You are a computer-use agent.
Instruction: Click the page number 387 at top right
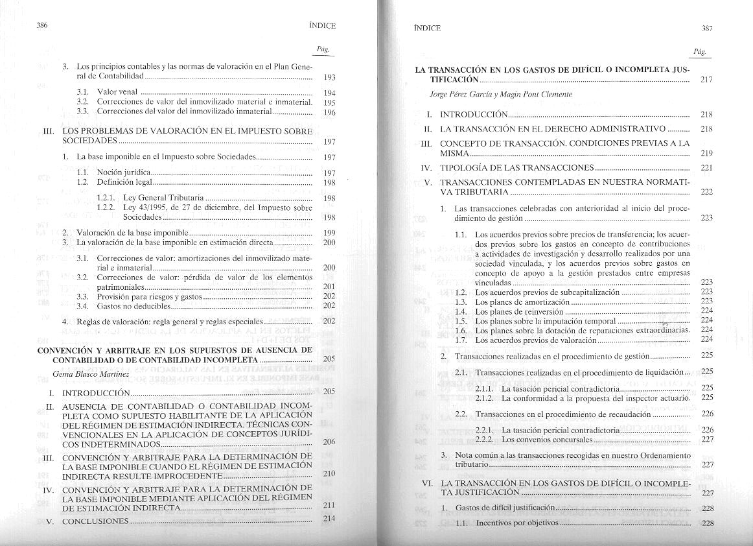[707, 28]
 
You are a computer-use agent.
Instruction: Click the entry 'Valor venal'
[117, 93]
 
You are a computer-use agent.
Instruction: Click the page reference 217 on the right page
[706, 80]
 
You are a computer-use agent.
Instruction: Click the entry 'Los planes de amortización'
[522, 302]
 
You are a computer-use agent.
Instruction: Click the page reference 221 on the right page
[706, 168]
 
